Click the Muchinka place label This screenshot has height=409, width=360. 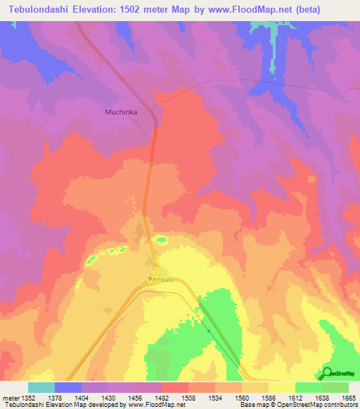[x=120, y=111]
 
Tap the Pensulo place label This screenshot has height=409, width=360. [x=162, y=279]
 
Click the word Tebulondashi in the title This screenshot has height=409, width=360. [x=39, y=9]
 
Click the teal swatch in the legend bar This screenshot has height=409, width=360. [x=41, y=387]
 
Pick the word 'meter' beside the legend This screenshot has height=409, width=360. [x=9, y=398]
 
